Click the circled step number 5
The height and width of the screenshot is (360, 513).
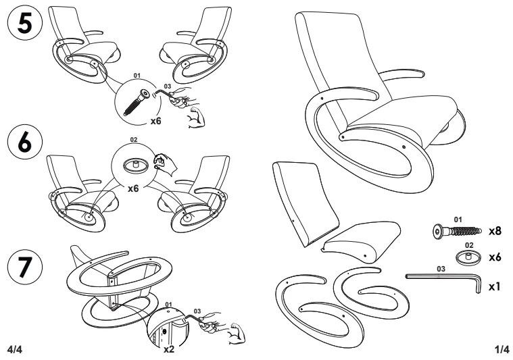pyautogui.click(x=25, y=22)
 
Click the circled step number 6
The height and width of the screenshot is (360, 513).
pyautogui.click(x=25, y=142)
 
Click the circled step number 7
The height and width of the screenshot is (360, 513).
pyautogui.click(x=25, y=267)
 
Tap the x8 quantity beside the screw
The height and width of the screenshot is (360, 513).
pyautogui.click(x=495, y=231)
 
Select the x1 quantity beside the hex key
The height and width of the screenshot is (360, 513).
pyautogui.click(x=494, y=287)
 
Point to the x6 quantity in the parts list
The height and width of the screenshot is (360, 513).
pyautogui.click(x=495, y=257)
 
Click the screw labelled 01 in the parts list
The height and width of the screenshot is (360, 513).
pyautogui.click(x=458, y=231)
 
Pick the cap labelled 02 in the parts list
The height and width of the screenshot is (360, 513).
pyautogui.click(x=469, y=257)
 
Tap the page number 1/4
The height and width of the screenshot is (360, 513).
pyautogui.click(x=502, y=350)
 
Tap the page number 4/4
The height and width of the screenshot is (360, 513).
pyautogui.click(x=14, y=350)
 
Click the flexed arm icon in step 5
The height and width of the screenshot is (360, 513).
pyautogui.click(x=196, y=117)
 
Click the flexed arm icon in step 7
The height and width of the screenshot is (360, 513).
pyautogui.click(x=236, y=334)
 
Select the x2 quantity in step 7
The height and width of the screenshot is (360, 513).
pyautogui.click(x=169, y=350)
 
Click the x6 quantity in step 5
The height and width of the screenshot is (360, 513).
pyautogui.click(x=155, y=121)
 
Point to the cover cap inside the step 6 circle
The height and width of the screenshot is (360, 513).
pyautogui.click(x=136, y=165)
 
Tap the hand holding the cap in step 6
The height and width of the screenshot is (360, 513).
pyautogui.click(x=164, y=164)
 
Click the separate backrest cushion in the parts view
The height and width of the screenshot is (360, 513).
pyautogui.click(x=305, y=203)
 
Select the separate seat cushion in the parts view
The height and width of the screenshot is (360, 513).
pyautogui.click(x=362, y=242)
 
